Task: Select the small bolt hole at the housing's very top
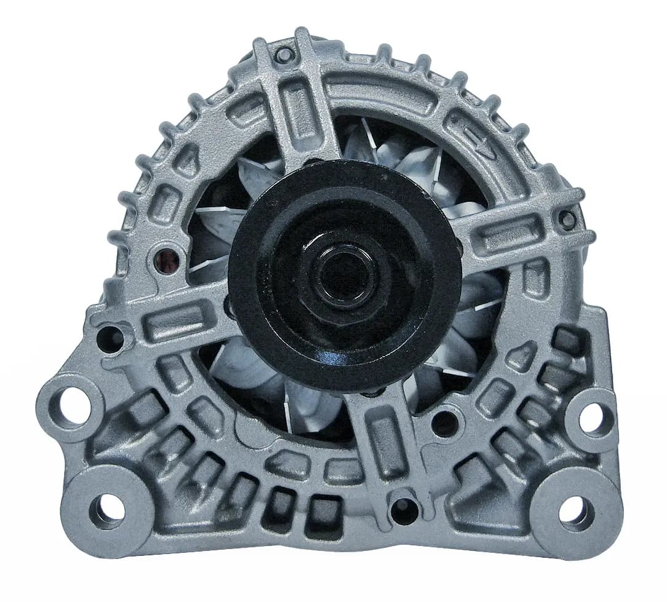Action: [x=284, y=56]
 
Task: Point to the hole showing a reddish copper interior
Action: [x=167, y=261]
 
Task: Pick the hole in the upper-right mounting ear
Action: [x=591, y=418]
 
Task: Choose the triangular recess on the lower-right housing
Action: [x=522, y=356]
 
